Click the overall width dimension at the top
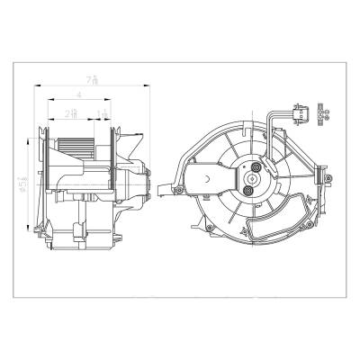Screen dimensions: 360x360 click(x=80, y=81)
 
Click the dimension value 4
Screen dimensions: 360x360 click(x=80, y=94)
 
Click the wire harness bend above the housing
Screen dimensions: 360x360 click(x=269, y=115)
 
